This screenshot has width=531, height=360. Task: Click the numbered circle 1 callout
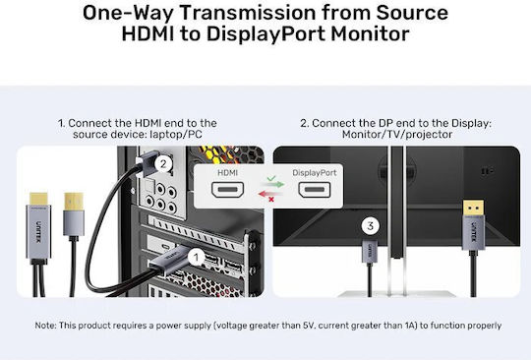tap(196, 258)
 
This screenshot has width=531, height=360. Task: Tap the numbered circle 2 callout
tap(163, 164)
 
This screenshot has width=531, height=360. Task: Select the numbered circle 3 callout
tap(370, 226)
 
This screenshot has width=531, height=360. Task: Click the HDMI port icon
tap(227, 189)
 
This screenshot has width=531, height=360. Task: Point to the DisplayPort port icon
tap(315, 189)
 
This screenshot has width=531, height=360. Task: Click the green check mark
tap(271, 178)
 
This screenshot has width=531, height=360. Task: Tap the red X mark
tap(271, 200)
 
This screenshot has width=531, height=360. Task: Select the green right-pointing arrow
tap(273, 184)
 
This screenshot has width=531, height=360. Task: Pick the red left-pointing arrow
tap(269, 194)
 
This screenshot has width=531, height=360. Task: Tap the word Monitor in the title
tap(370, 33)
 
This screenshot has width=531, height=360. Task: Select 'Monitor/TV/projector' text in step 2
tap(397, 135)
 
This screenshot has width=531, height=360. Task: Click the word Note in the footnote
tap(45, 326)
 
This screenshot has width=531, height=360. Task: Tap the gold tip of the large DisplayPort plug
tap(473, 208)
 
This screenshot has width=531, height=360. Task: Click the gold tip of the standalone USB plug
tap(74, 202)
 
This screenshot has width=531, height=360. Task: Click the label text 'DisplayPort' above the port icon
tap(315, 173)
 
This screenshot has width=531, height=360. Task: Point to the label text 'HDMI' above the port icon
tap(227, 173)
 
